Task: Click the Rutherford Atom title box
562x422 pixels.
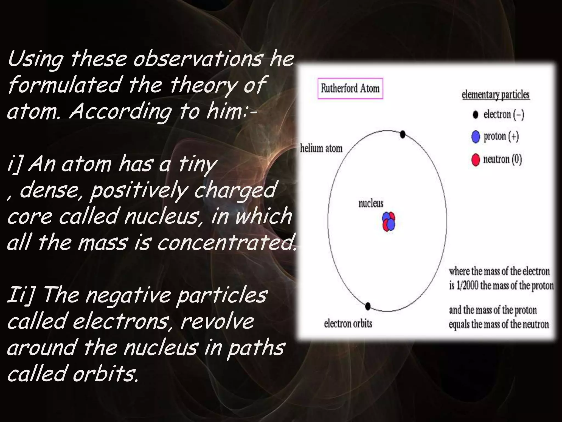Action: tap(350, 88)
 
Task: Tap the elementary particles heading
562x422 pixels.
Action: tap(496, 95)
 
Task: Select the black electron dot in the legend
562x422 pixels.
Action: tap(476, 115)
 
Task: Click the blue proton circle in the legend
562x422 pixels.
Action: tap(476, 137)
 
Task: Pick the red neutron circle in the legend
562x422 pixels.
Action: tap(476, 160)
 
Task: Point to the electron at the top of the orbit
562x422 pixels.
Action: tap(403, 134)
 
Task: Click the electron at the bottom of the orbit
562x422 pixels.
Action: tap(368, 306)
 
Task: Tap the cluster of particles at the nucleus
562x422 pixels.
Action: tap(389, 221)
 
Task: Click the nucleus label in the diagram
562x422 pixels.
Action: tap(371, 204)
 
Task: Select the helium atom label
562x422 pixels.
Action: tap(321, 148)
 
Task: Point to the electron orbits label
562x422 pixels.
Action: tap(348, 323)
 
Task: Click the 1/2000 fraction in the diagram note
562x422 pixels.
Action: tap(467, 286)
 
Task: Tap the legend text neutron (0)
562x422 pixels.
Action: tap(502, 159)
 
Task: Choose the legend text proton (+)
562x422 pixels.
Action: tap(501, 137)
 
